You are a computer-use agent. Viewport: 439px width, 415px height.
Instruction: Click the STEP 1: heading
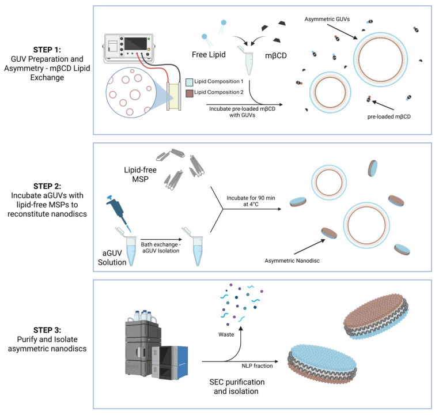pyautogui.click(x=47, y=50)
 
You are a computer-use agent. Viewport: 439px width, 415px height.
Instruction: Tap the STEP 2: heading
pyautogui.click(x=47, y=186)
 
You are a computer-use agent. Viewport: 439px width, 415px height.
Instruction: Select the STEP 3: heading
pyautogui.click(x=47, y=330)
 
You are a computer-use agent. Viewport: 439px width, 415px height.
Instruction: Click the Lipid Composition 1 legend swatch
pyautogui.click(x=190, y=82)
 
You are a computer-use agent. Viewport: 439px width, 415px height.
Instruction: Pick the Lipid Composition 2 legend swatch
pyautogui.click(x=190, y=93)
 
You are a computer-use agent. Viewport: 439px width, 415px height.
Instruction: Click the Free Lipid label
pyautogui.click(x=209, y=55)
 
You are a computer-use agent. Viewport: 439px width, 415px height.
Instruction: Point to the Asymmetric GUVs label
pyautogui.click(x=327, y=20)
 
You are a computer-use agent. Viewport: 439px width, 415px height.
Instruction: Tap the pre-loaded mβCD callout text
pyautogui.click(x=389, y=117)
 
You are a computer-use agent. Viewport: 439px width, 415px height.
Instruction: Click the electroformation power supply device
pyautogui.click(x=129, y=48)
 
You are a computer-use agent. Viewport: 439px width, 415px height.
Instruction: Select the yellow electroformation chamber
pyautogui.click(x=174, y=97)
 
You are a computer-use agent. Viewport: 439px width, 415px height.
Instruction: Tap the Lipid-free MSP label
pyautogui.click(x=140, y=175)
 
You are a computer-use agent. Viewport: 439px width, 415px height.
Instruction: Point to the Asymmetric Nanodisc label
pyautogui.click(x=292, y=261)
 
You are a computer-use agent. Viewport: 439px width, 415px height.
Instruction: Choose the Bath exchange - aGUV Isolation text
pyautogui.click(x=161, y=248)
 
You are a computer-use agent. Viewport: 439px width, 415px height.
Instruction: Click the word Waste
pyautogui.click(x=226, y=335)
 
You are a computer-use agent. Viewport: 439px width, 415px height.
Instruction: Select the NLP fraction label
pyautogui.click(x=257, y=366)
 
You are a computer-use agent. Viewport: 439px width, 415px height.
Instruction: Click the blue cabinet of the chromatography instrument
pyautogui.click(x=180, y=363)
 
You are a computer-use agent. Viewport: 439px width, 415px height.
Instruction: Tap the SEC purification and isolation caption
pyautogui.click(x=237, y=387)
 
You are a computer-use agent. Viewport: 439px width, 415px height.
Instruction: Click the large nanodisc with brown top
pyautogui.click(x=376, y=316)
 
